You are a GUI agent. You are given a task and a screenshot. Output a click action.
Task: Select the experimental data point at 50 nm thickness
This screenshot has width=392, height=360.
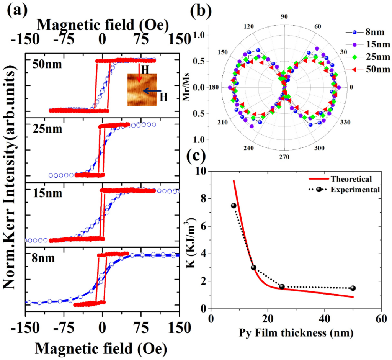pyautogui.click(x=353, y=288)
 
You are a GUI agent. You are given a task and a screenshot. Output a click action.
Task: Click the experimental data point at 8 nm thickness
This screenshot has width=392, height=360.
pyautogui.click(x=234, y=206)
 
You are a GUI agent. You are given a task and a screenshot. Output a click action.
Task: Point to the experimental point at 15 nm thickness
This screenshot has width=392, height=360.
pyautogui.click(x=253, y=267)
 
